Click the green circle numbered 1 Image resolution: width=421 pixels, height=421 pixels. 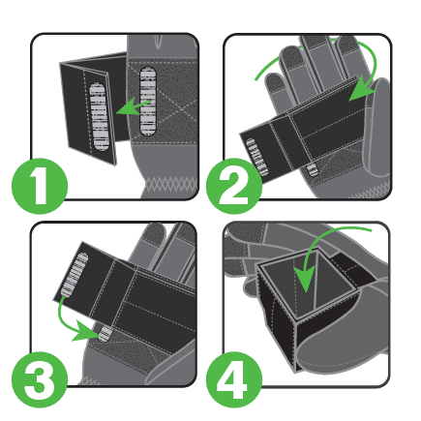pyautogui.click(x=40, y=186)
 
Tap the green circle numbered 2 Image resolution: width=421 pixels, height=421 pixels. pyautogui.click(x=234, y=186)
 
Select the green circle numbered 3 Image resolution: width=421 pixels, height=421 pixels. pyautogui.click(x=40, y=379)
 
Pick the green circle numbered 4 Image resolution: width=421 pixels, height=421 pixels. pyautogui.click(x=234, y=379)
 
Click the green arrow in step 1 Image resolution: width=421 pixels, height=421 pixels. pyautogui.click(x=133, y=107)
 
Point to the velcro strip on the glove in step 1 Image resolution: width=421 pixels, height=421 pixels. pyautogui.click(x=148, y=101)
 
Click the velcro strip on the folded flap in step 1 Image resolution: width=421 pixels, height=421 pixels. pyautogui.click(x=98, y=116)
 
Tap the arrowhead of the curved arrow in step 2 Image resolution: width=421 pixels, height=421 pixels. pyautogui.click(x=361, y=89)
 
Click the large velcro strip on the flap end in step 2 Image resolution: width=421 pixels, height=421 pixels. pyautogui.click(x=256, y=157)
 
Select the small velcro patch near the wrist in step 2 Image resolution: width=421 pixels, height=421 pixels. pyautogui.click(x=312, y=170)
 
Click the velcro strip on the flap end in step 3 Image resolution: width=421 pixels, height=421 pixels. pyautogui.click(x=74, y=274)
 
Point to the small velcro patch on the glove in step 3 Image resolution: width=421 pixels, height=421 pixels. pyautogui.click(x=105, y=333)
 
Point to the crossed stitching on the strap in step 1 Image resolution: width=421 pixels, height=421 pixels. pyautogui.click(x=172, y=105)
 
